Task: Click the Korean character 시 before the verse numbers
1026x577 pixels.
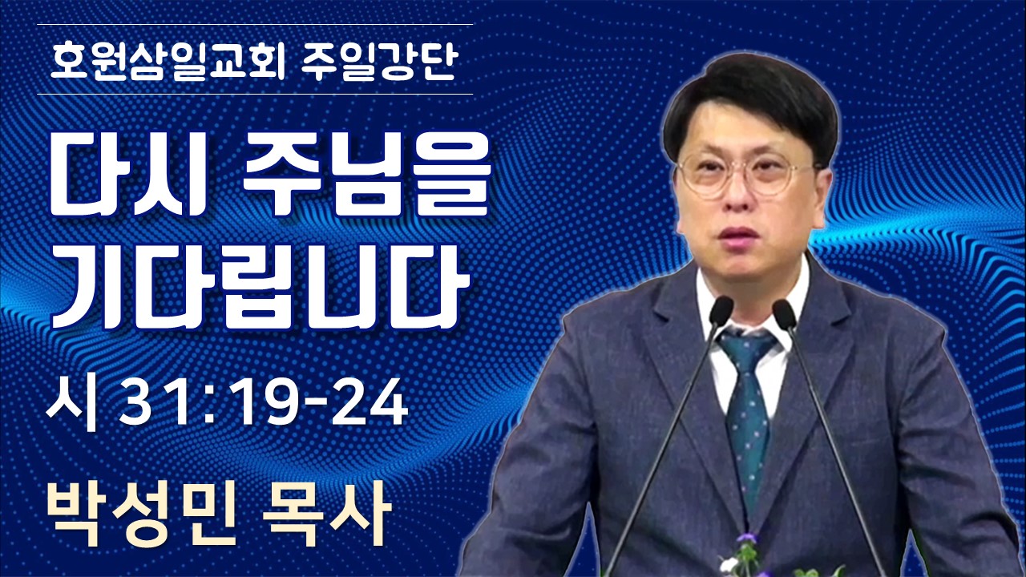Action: point(72,403)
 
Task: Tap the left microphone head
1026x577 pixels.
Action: point(721,312)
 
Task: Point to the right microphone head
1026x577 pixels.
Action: point(784,314)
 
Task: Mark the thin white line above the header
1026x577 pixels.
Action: point(255,24)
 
